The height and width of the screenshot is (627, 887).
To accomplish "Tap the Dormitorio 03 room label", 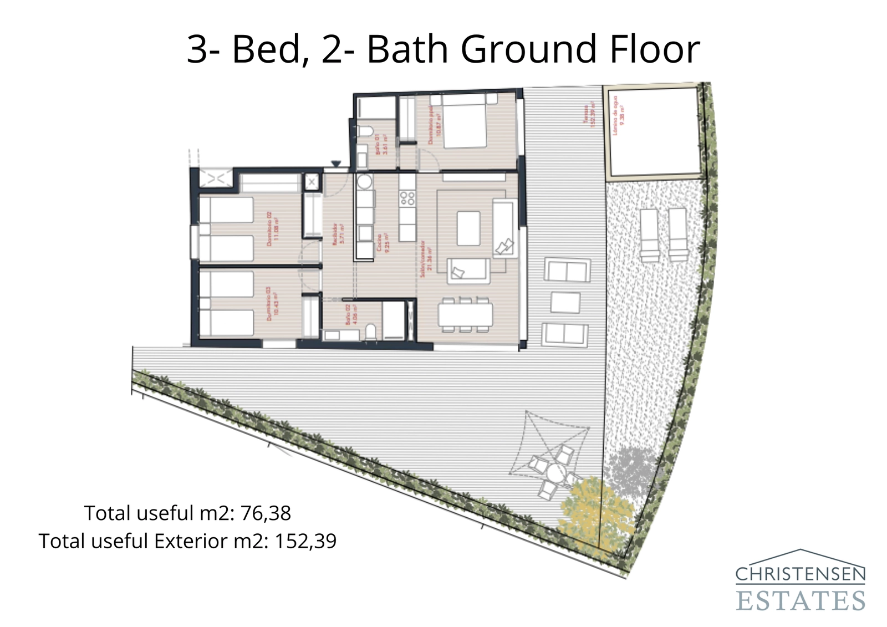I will (271, 304).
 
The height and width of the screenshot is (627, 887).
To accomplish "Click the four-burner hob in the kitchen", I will (407, 198).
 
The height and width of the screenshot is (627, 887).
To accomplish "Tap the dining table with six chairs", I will (465, 315).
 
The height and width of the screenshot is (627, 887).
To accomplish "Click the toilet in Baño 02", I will (370, 333).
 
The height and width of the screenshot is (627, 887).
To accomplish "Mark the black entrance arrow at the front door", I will (336, 164).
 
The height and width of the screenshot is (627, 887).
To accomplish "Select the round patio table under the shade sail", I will (555, 475).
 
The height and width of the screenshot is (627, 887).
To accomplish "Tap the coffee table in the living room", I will (468, 228).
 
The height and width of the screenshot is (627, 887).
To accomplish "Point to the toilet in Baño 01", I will (365, 131).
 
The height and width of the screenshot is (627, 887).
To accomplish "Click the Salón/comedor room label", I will (425, 258).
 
